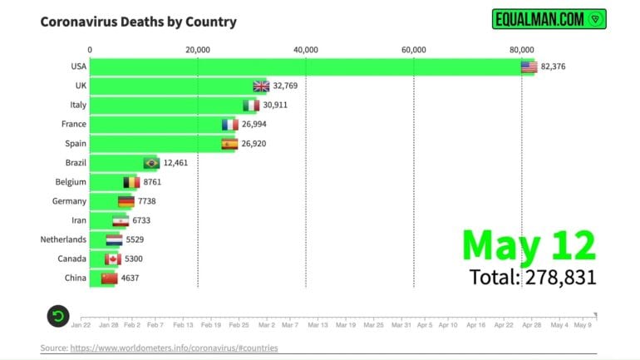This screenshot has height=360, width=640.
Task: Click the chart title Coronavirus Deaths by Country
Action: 138,22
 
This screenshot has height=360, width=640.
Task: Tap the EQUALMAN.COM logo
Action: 549,18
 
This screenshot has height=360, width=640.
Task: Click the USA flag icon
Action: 529,67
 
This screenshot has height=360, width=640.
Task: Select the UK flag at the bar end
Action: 261,86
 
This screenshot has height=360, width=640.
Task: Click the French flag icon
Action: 230,125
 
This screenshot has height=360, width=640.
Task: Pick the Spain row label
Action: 75,143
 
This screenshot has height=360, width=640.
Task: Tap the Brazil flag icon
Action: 151,163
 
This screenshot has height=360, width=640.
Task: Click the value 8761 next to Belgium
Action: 155,182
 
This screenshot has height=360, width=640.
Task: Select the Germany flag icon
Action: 126,201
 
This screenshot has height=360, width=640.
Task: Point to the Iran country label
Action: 76,220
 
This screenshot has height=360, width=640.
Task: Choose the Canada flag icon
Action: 113,259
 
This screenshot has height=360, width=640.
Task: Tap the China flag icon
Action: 109,278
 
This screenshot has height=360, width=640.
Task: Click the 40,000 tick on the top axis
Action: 305,50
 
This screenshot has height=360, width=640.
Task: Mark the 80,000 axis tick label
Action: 521,50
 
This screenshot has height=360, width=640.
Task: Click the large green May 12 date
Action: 529,245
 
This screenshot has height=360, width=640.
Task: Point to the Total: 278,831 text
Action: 532,277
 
